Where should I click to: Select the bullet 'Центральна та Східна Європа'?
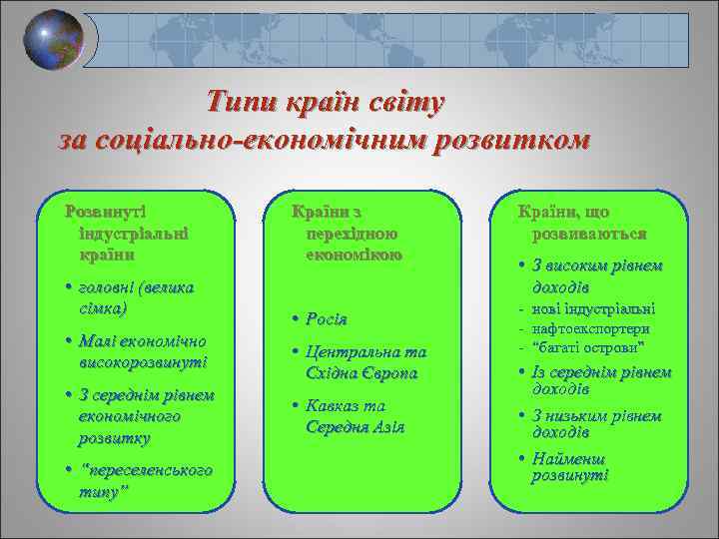pyautogui.click(x=365, y=362)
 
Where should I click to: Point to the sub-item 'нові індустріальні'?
pyautogui.click(x=594, y=308)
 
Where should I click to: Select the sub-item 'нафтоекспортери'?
pyautogui.click(x=593, y=327)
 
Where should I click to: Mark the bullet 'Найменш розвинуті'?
pyautogui.click(x=570, y=467)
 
